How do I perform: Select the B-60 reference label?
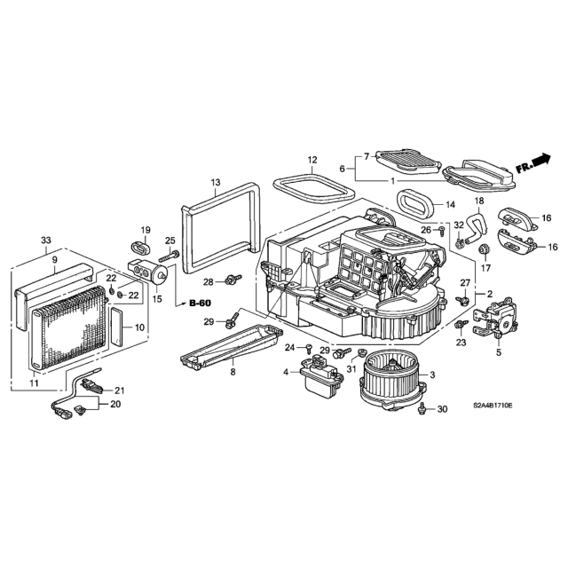[200, 304]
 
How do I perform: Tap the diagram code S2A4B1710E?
[493, 406]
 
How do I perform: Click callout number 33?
[46, 241]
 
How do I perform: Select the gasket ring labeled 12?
[313, 189]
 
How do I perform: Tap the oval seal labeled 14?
[417, 205]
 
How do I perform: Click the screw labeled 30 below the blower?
[422, 408]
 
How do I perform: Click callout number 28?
[208, 281]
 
